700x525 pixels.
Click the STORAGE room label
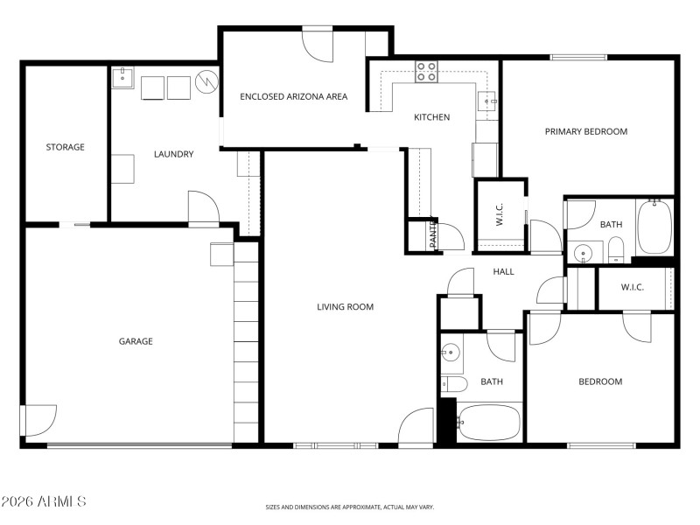(x=66, y=147)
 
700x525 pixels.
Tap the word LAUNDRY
(x=173, y=155)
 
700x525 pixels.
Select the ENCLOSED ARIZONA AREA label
(x=294, y=97)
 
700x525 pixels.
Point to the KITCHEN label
(x=431, y=117)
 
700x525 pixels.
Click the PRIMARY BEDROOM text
(x=586, y=132)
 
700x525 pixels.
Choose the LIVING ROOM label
(x=345, y=307)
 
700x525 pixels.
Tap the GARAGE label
(x=136, y=341)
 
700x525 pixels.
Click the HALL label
(x=503, y=272)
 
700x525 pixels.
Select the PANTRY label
(x=433, y=235)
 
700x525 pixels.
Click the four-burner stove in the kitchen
(x=426, y=72)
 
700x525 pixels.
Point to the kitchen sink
(x=487, y=101)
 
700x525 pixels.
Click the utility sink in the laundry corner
(x=122, y=78)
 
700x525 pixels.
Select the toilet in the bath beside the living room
(x=454, y=383)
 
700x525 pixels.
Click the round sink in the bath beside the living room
(x=451, y=353)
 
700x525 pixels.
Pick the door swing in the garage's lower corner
(x=40, y=419)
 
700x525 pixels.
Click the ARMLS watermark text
(x=44, y=501)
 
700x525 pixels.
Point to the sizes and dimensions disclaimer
(x=350, y=507)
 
